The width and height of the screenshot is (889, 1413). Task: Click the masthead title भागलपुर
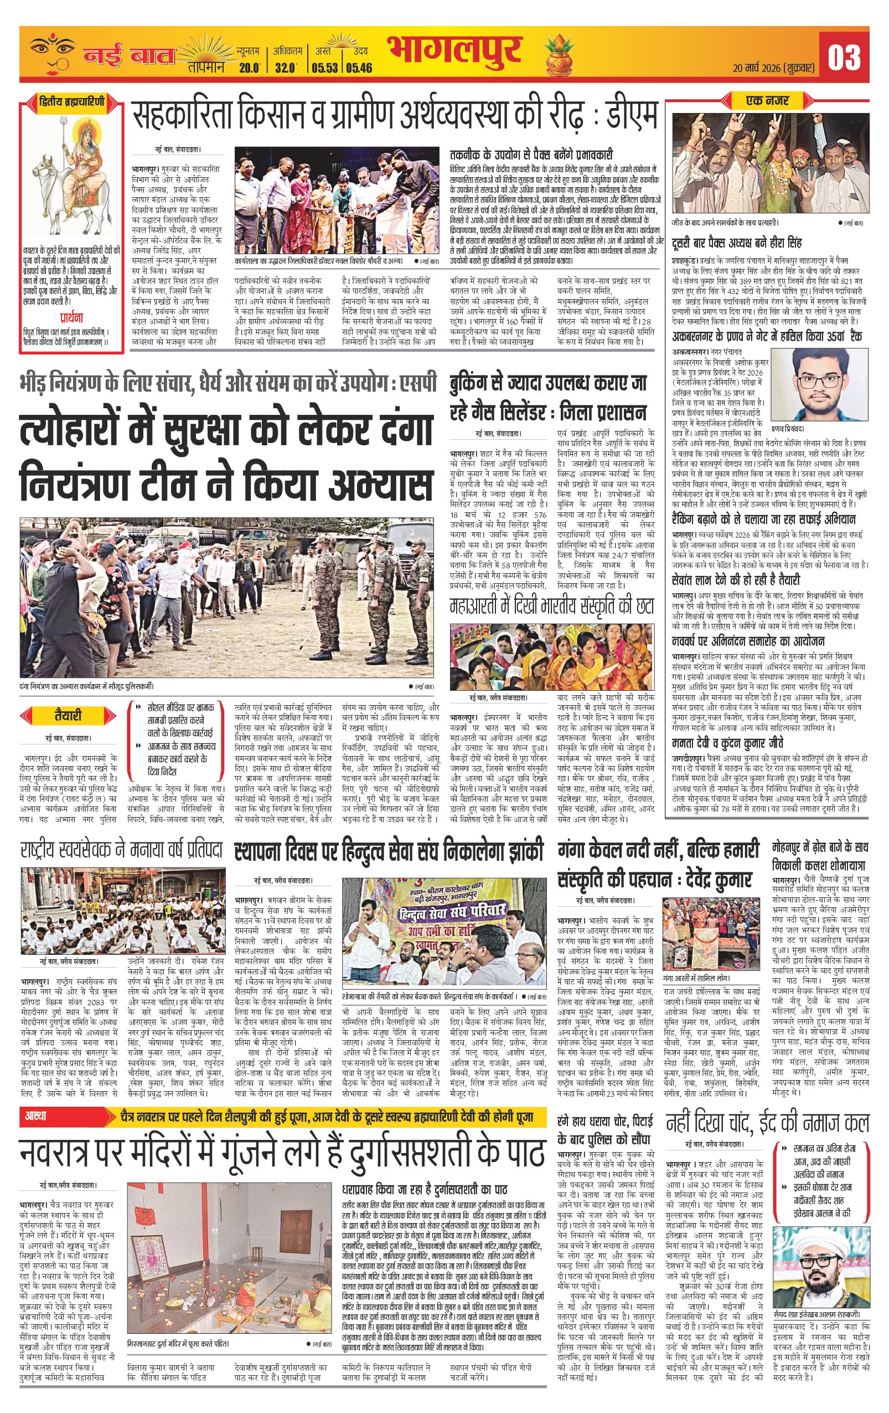pyautogui.click(x=453, y=52)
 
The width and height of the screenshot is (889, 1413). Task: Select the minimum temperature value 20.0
pyautogui.click(x=249, y=67)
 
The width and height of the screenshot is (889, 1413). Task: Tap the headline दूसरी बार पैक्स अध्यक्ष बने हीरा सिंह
pyautogui.click(x=737, y=243)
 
